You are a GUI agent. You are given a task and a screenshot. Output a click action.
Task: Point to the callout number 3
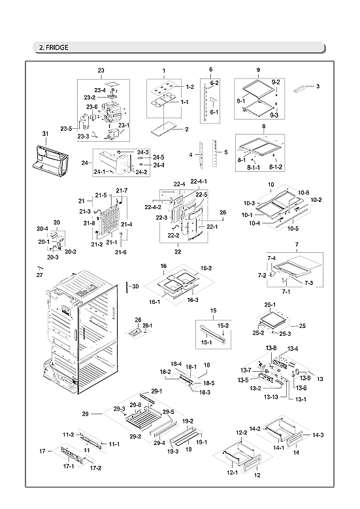(318, 86)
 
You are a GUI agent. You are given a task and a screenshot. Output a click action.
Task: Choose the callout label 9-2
(276, 82)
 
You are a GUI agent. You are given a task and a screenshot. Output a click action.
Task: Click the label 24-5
(159, 157)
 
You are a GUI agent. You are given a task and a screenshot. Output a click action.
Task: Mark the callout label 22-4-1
(199, 182)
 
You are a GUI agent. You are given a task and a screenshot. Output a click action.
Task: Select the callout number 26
(223, 212)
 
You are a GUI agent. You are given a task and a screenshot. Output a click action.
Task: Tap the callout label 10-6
(304, 192)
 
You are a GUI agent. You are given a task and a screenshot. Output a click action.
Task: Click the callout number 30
(135, 286)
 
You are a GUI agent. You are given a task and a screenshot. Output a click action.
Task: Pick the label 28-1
(148, 325)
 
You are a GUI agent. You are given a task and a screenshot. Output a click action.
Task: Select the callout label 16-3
(192, 299)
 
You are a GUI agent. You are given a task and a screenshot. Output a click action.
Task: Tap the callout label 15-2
(223, 325)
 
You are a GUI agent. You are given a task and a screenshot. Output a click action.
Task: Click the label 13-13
(273, 397)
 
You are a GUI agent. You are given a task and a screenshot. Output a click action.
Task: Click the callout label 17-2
(95, 468)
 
